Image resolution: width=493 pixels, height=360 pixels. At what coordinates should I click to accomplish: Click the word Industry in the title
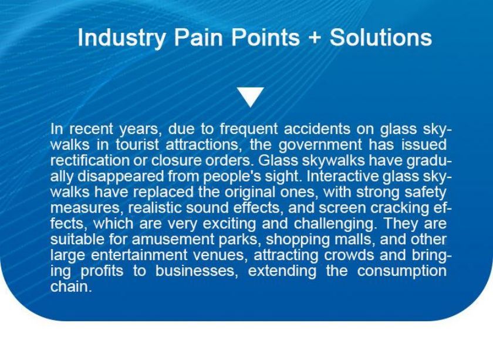pos(122,38)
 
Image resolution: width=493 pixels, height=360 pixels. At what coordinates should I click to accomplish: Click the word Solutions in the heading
pos(380,37)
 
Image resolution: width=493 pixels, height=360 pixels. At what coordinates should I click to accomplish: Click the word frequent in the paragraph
pos(249,130)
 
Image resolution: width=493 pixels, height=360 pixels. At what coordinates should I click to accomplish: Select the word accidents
pos(317,129)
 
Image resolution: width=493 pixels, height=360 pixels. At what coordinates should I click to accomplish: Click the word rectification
pos(89,160)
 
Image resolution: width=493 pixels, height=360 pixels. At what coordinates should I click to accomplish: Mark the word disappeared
pos(121,177)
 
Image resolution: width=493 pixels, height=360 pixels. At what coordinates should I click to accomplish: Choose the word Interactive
pos(342,176)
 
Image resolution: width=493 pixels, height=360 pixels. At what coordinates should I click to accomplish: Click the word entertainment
pos(139,255)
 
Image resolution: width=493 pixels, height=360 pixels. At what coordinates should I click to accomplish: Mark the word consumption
pos(402,271)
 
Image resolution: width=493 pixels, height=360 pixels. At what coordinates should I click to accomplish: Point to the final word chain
pos(71,287)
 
